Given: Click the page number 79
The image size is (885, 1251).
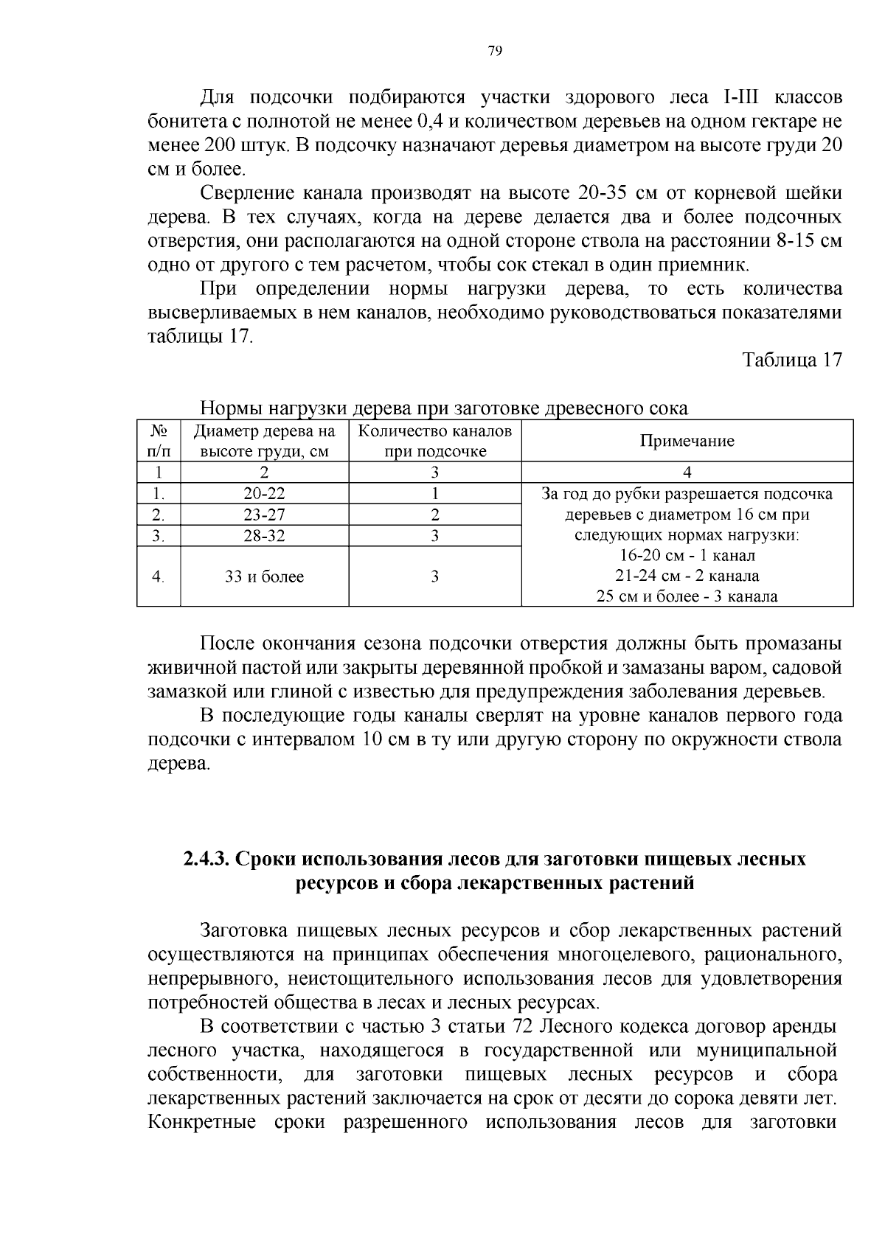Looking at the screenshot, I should pyautogui.click(x=495, y=50).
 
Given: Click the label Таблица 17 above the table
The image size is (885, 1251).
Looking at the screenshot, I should pyautogui.click(x=791, y=360).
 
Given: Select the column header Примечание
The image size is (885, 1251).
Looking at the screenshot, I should pyautogui.click(x=687, y=441).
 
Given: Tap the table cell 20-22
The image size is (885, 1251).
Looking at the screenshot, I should pyautogui.click(x=264, y=493).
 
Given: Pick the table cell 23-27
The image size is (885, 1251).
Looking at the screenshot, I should pyautogui.click(x=264, y=515).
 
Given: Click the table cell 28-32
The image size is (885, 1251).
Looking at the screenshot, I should pyautogui.click(x=264, y=536).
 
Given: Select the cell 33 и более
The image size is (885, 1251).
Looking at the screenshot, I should pyautogui.click(x=264, y=576).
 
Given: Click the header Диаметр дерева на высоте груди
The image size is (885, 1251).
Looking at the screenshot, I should pyautogui.click(x=264, y=441).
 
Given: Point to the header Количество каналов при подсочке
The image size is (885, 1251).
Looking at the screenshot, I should pyautogui.click(x=434, y=441).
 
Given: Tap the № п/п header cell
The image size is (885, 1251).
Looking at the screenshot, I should pyautogui.click(x=159, y=441).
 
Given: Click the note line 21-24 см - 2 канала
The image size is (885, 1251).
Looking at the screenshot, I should pyautogui.click(x=687, y=576).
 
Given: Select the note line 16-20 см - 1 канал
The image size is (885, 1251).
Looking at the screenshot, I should pyautogui.click(x=687, y=555).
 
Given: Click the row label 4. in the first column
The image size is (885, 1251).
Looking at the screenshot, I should pyautogui.click(x=158, y=576).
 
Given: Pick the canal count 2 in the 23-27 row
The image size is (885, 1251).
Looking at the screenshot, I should pyautogui.click(x=434, y=515).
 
